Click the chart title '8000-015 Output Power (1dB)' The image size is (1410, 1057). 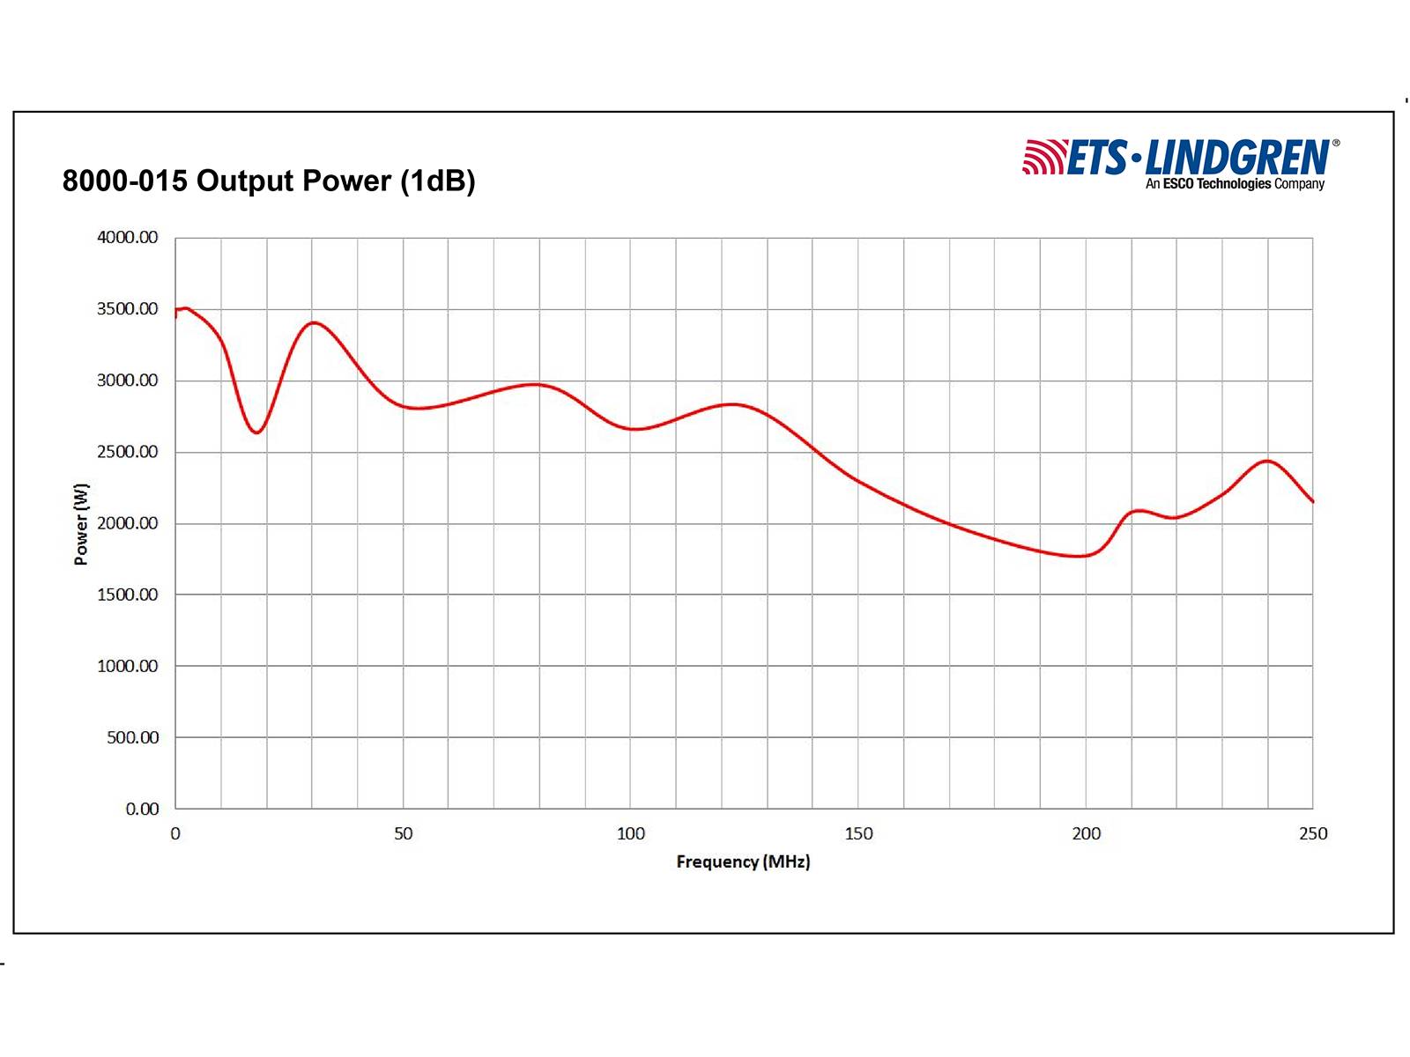pyautogui.click(x=269, y=181)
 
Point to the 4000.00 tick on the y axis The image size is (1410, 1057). pyautogui.click(x=128, y=238)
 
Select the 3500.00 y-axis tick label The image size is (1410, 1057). pyautogui.click(x=128, y=309)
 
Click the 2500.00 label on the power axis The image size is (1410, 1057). pyautogui.click(x=128, y=452)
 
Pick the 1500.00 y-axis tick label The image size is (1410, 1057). pyautogui.click(x=128, y=595)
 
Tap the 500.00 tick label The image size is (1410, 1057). pyautogui.click(x=133, y=737)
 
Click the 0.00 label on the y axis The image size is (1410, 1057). pyautogui.click(x=142, y=809)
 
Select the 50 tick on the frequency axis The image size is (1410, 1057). pyautogui.click(x=403, y=833)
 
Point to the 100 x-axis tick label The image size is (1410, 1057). pyautogui.click(x=630, y=833)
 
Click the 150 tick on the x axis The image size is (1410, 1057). pyautogui.click(x=858, y=833)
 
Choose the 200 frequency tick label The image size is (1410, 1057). pyautogui.click(x=1086, y=833)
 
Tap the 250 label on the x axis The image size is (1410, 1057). pyautogui.click(x=1313, y=833)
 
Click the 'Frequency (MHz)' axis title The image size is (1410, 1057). pyautogui.click(x=743, y=861)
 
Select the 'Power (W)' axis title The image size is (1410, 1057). pyautogui.click(x=81, y=524)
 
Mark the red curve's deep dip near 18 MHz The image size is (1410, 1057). pyautogui.click(x=256, y=432)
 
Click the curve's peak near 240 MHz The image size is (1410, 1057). pyautogui.click(x=1267, y=461)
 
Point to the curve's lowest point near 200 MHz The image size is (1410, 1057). pyautogui.click(x=1080, y=556)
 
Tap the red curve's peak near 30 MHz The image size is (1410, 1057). pyautogui.click(x=314, y=322)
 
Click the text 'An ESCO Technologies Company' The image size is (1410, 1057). pyautogui.click(x=1235, y=184)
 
